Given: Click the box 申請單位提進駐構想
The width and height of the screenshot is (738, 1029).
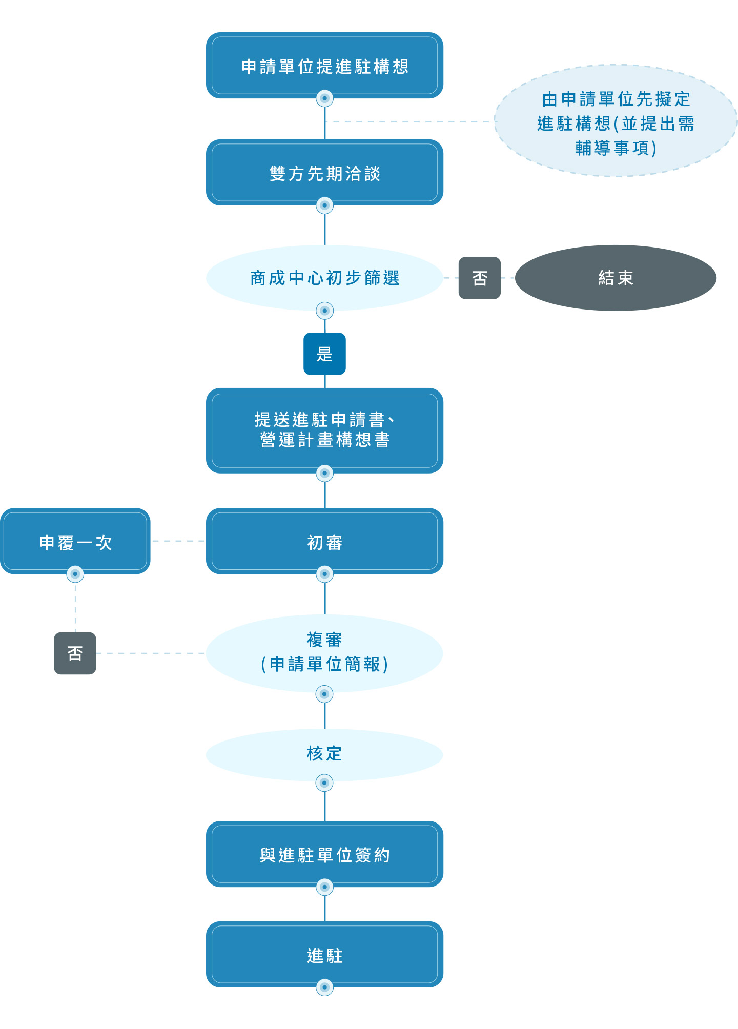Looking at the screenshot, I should pos(324,66).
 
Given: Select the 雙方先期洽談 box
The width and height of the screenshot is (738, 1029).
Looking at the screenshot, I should pos(324,173).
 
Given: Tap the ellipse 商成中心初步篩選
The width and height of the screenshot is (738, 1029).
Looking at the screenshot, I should pos(324,277).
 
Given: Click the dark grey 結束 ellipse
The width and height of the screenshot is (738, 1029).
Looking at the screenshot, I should pos(615,278).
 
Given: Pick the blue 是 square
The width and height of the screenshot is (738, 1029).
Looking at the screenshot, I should pos(324,354).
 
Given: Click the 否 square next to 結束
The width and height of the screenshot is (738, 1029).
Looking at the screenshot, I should pos(479,278).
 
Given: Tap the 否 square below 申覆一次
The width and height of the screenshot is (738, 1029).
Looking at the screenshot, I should pos(75,653).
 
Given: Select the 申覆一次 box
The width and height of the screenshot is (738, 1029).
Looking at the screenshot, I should pos(75,541).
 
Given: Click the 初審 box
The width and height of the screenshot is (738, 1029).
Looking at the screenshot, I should pos(324,541).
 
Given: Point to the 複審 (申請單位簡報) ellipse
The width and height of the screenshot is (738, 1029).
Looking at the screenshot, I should pos(324,652).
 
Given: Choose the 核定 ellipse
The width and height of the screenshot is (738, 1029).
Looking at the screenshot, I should pos(324,754).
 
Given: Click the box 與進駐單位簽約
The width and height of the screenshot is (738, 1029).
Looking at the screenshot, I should pos(324,854).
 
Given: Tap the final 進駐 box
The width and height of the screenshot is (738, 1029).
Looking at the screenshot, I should pos(324,955).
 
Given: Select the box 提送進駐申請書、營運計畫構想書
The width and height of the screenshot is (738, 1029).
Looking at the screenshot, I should pos(324,430).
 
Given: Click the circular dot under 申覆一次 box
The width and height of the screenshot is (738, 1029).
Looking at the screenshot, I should pos(75,574).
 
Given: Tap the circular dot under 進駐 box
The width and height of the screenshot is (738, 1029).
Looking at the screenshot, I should pos(324,987).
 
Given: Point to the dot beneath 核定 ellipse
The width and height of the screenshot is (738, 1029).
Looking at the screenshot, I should pos(324,783).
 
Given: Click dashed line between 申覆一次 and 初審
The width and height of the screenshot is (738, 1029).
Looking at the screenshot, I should pos(178,541).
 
